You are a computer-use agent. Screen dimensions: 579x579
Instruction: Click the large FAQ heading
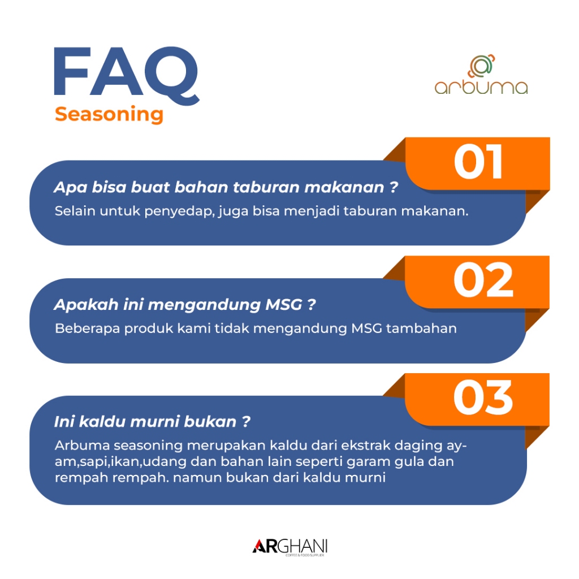tap(127, 75)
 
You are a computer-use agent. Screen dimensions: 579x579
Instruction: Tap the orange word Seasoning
tap(109, 114)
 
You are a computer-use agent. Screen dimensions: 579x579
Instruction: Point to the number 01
tap(478, 161)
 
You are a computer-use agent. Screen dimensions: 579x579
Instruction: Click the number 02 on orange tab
tap(483, 279)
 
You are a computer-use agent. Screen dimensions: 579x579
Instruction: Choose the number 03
tap(483, 397)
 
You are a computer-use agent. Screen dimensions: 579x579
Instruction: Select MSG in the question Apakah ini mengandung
tap(284, 305)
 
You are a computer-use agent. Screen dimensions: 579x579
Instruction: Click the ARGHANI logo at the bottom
tap(290, 547)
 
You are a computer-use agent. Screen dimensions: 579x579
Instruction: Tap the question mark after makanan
tap(394, 187)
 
